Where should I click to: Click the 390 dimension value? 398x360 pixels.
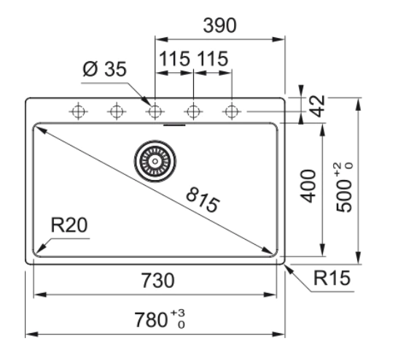point(219,26)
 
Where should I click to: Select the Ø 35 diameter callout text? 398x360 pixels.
point(104,69)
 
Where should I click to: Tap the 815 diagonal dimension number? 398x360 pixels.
point(203,200)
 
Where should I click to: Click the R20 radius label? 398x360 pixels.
point(69,224)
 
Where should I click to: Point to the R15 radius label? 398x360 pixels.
point(332,278)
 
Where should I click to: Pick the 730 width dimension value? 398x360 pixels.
point(157,281)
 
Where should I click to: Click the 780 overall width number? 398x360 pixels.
point(151,320)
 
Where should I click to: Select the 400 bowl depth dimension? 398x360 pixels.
point(308,187)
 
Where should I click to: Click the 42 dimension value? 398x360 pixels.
point(318,106)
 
